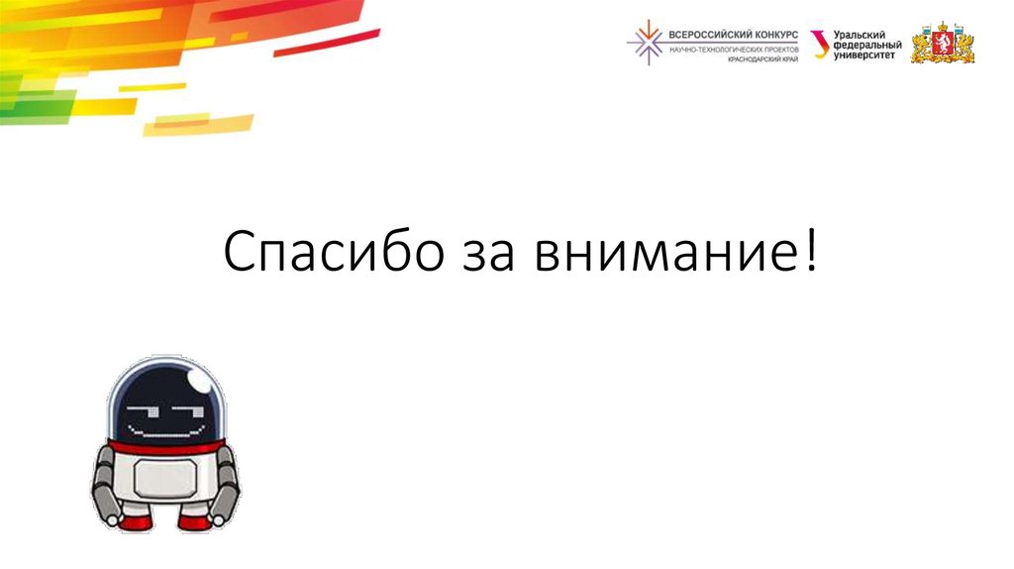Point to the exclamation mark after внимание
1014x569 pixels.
[x=812, y=252]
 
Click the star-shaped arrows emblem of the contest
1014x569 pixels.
[x=646, y=43]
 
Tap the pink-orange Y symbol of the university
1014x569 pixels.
[x=820, y=44]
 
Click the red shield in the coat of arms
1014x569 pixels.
[x=943, y=44]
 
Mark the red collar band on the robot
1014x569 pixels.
[x=165, y=445]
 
